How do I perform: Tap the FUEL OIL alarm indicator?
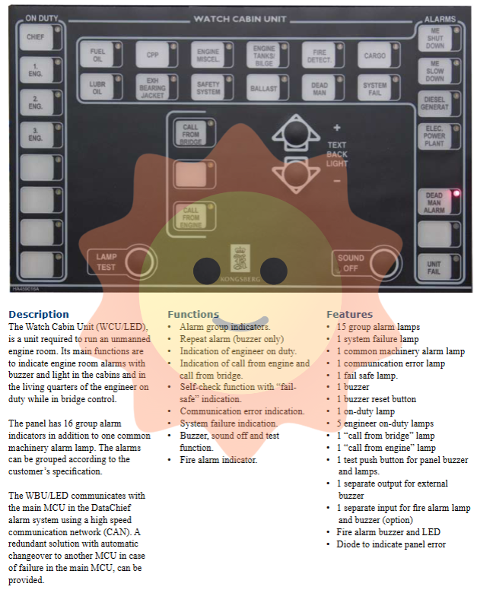pyautogui.click(x=97, y=55)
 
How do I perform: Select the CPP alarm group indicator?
pyautogui.click(x=152, y=55)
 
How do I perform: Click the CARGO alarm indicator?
pyautogui.click(x=375, y=55)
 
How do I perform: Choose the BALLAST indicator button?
pyautogui.click(x=264, y=87)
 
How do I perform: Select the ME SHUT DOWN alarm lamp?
pyautogui.click(x=434, y=40)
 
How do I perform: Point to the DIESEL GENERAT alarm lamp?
pyautogui.click(x=434, y=103)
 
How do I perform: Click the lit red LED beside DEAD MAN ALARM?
pyautogui.click(x=456, y=192)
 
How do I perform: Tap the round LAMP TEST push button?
pyautogui.click(x=138, y=262)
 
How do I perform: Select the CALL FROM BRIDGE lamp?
pyautogui.click(x=191, y=134)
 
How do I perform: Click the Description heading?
pyautogui.click(x=39, y=314)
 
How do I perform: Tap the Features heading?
pyautogui.click(x=349, y=314)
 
